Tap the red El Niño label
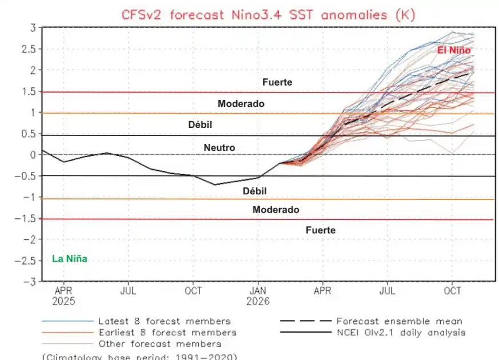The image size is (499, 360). click(454, 50)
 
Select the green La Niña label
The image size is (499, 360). click(70, 259)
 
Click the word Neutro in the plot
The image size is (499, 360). click(219, 147)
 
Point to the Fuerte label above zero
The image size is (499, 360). click(277, 82)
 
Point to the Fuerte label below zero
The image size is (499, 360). click(320, 230)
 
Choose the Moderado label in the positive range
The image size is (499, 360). click(241, 104)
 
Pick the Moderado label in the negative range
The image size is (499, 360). click(276, 210)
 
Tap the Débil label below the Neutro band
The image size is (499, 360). click(254, 191)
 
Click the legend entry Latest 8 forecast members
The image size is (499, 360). click(164, 321)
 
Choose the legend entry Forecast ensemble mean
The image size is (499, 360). click(399, 321)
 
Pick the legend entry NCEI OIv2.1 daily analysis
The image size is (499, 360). click(400, 333)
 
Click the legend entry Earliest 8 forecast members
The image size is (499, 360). click(167, 333)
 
